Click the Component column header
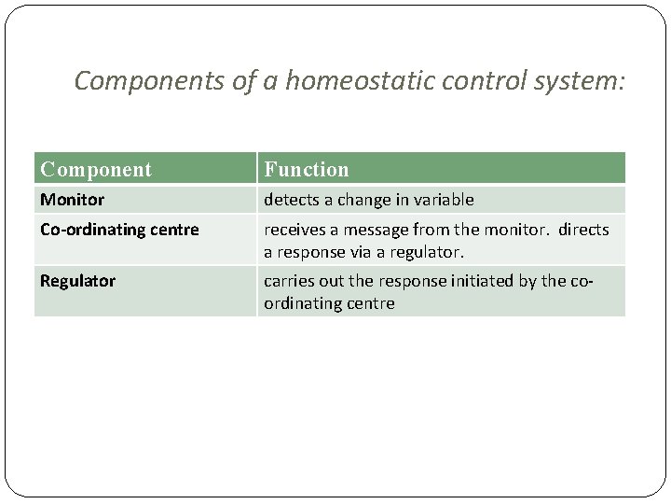tap(95, 169)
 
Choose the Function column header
tap(307, 169)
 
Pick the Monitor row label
tap(72, 200)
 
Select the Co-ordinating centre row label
tap(119, 230)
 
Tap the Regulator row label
tap(77, 281)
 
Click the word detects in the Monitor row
tap(291, 200)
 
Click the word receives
tap(294, 230)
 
